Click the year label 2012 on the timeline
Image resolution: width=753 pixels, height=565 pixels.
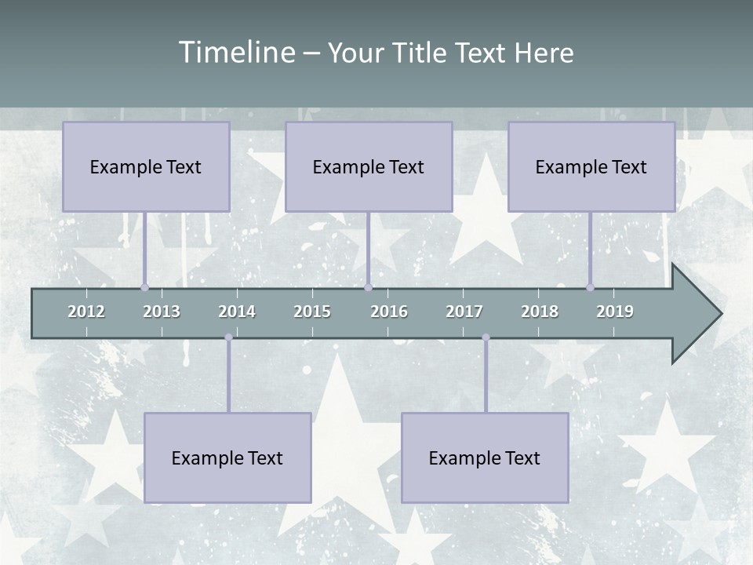(x=86, y=312)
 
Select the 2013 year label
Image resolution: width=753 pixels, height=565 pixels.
(x=162, y=312)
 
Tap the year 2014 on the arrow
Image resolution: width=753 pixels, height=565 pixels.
(x=237, y=312)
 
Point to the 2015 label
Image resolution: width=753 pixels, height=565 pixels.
(x=312, y=312)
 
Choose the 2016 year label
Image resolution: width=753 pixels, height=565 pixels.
(x=389, y=312)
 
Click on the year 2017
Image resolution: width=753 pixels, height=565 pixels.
(x=464, y=312)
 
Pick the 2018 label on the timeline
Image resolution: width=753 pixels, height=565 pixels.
(x=540, y=312)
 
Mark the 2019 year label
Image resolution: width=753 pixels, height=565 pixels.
(x=615, y=312)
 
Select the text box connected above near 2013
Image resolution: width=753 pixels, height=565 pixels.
(x=146, y=166)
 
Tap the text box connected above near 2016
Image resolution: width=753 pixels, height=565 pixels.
(x=369, y=166)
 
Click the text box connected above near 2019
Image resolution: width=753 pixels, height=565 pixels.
(x=591, y=166)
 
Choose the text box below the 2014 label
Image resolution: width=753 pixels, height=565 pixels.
(x=227, y=457)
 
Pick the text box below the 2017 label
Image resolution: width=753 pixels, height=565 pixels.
(x=485, y=457)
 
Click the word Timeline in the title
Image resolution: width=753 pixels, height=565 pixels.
(x=236, y=53)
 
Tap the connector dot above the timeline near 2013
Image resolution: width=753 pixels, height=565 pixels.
(x=145, y=287)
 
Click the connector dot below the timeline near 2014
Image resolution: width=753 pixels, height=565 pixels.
(x=228, y=337)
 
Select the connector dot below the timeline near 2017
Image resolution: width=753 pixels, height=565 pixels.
(x=486, y=337)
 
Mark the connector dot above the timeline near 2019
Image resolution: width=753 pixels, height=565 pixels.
(x=591, y=287)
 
